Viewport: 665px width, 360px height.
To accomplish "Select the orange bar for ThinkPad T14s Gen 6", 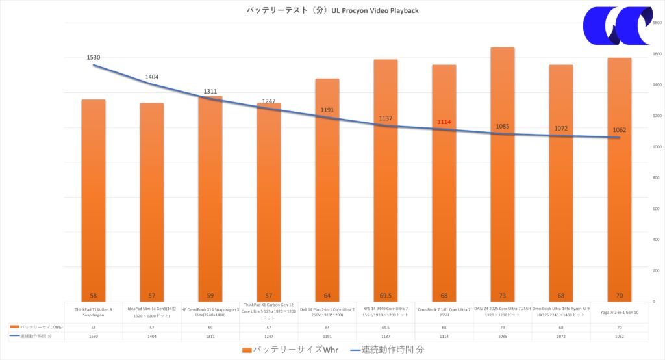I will [x=94, y=195].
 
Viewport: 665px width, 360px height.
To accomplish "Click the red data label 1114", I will [x=444, y=122].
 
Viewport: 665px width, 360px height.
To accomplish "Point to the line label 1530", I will [x=94, y=58].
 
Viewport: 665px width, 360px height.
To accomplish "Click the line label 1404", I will [x=152, y=77].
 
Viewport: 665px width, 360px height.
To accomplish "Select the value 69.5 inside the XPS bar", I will [x=386, y=294].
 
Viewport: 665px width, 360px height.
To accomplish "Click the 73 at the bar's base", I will [x=503, y=294].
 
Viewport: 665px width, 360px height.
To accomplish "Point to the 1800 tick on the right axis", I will [x=657, y=23].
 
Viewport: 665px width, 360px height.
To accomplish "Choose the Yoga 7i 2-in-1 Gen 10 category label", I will [x=620, y=313].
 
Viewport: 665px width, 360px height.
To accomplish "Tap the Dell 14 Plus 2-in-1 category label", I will [x=327, y=312].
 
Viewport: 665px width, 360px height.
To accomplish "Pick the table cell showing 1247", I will [x=269, y=336].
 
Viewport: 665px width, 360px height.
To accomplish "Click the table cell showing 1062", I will [x=620, y=336].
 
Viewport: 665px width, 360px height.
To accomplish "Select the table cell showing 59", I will [x=210, y=327].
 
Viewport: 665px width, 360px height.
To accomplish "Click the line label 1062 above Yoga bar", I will [x=620, y=129].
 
